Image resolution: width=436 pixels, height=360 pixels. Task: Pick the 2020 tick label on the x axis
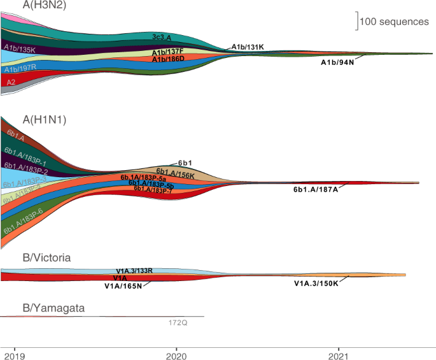177,354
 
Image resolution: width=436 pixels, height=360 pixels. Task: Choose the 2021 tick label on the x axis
340,354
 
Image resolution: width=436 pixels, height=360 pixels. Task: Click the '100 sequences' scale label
394,22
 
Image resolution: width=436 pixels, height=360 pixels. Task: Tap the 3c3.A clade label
166,37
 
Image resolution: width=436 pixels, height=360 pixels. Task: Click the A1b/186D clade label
168,59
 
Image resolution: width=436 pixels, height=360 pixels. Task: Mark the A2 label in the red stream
11,82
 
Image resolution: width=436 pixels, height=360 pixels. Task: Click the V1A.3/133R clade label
134,271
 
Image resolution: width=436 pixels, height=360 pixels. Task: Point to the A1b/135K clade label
19,47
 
